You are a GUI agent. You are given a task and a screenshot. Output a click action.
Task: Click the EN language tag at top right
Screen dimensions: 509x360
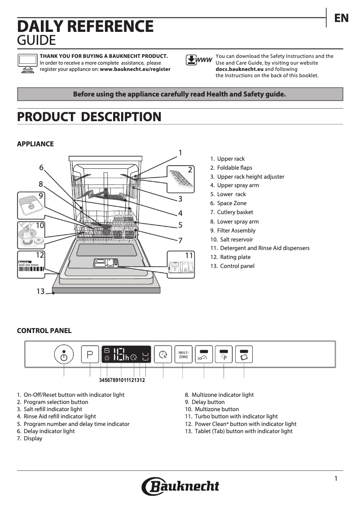tap(341, 18)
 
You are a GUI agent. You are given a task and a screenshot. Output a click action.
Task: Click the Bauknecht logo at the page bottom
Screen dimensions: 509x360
tap(180, 486)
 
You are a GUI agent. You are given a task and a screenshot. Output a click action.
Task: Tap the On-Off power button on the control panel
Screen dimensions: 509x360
tap(64, 355)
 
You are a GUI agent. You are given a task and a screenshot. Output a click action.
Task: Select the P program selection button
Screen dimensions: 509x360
tap(90, 354)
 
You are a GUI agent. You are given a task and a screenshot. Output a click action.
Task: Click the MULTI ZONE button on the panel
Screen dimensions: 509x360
tap(183, 354)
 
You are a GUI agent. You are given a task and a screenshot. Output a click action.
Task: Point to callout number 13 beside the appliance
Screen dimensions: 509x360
tap(40, 292)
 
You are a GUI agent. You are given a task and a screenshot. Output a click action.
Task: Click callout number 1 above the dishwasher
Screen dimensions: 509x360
tap(180, 153)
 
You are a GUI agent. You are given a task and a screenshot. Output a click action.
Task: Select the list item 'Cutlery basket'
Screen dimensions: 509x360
tap(235, 212)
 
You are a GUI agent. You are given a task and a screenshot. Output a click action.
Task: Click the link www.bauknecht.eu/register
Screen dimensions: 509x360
tap(135, 70)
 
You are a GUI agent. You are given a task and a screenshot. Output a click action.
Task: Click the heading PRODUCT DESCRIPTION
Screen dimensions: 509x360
tap(89, 117)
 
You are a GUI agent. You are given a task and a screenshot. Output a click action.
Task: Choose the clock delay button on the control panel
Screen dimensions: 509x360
tap(163, 355)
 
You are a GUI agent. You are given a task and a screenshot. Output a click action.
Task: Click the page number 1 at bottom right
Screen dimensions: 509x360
tap(335, 478)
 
